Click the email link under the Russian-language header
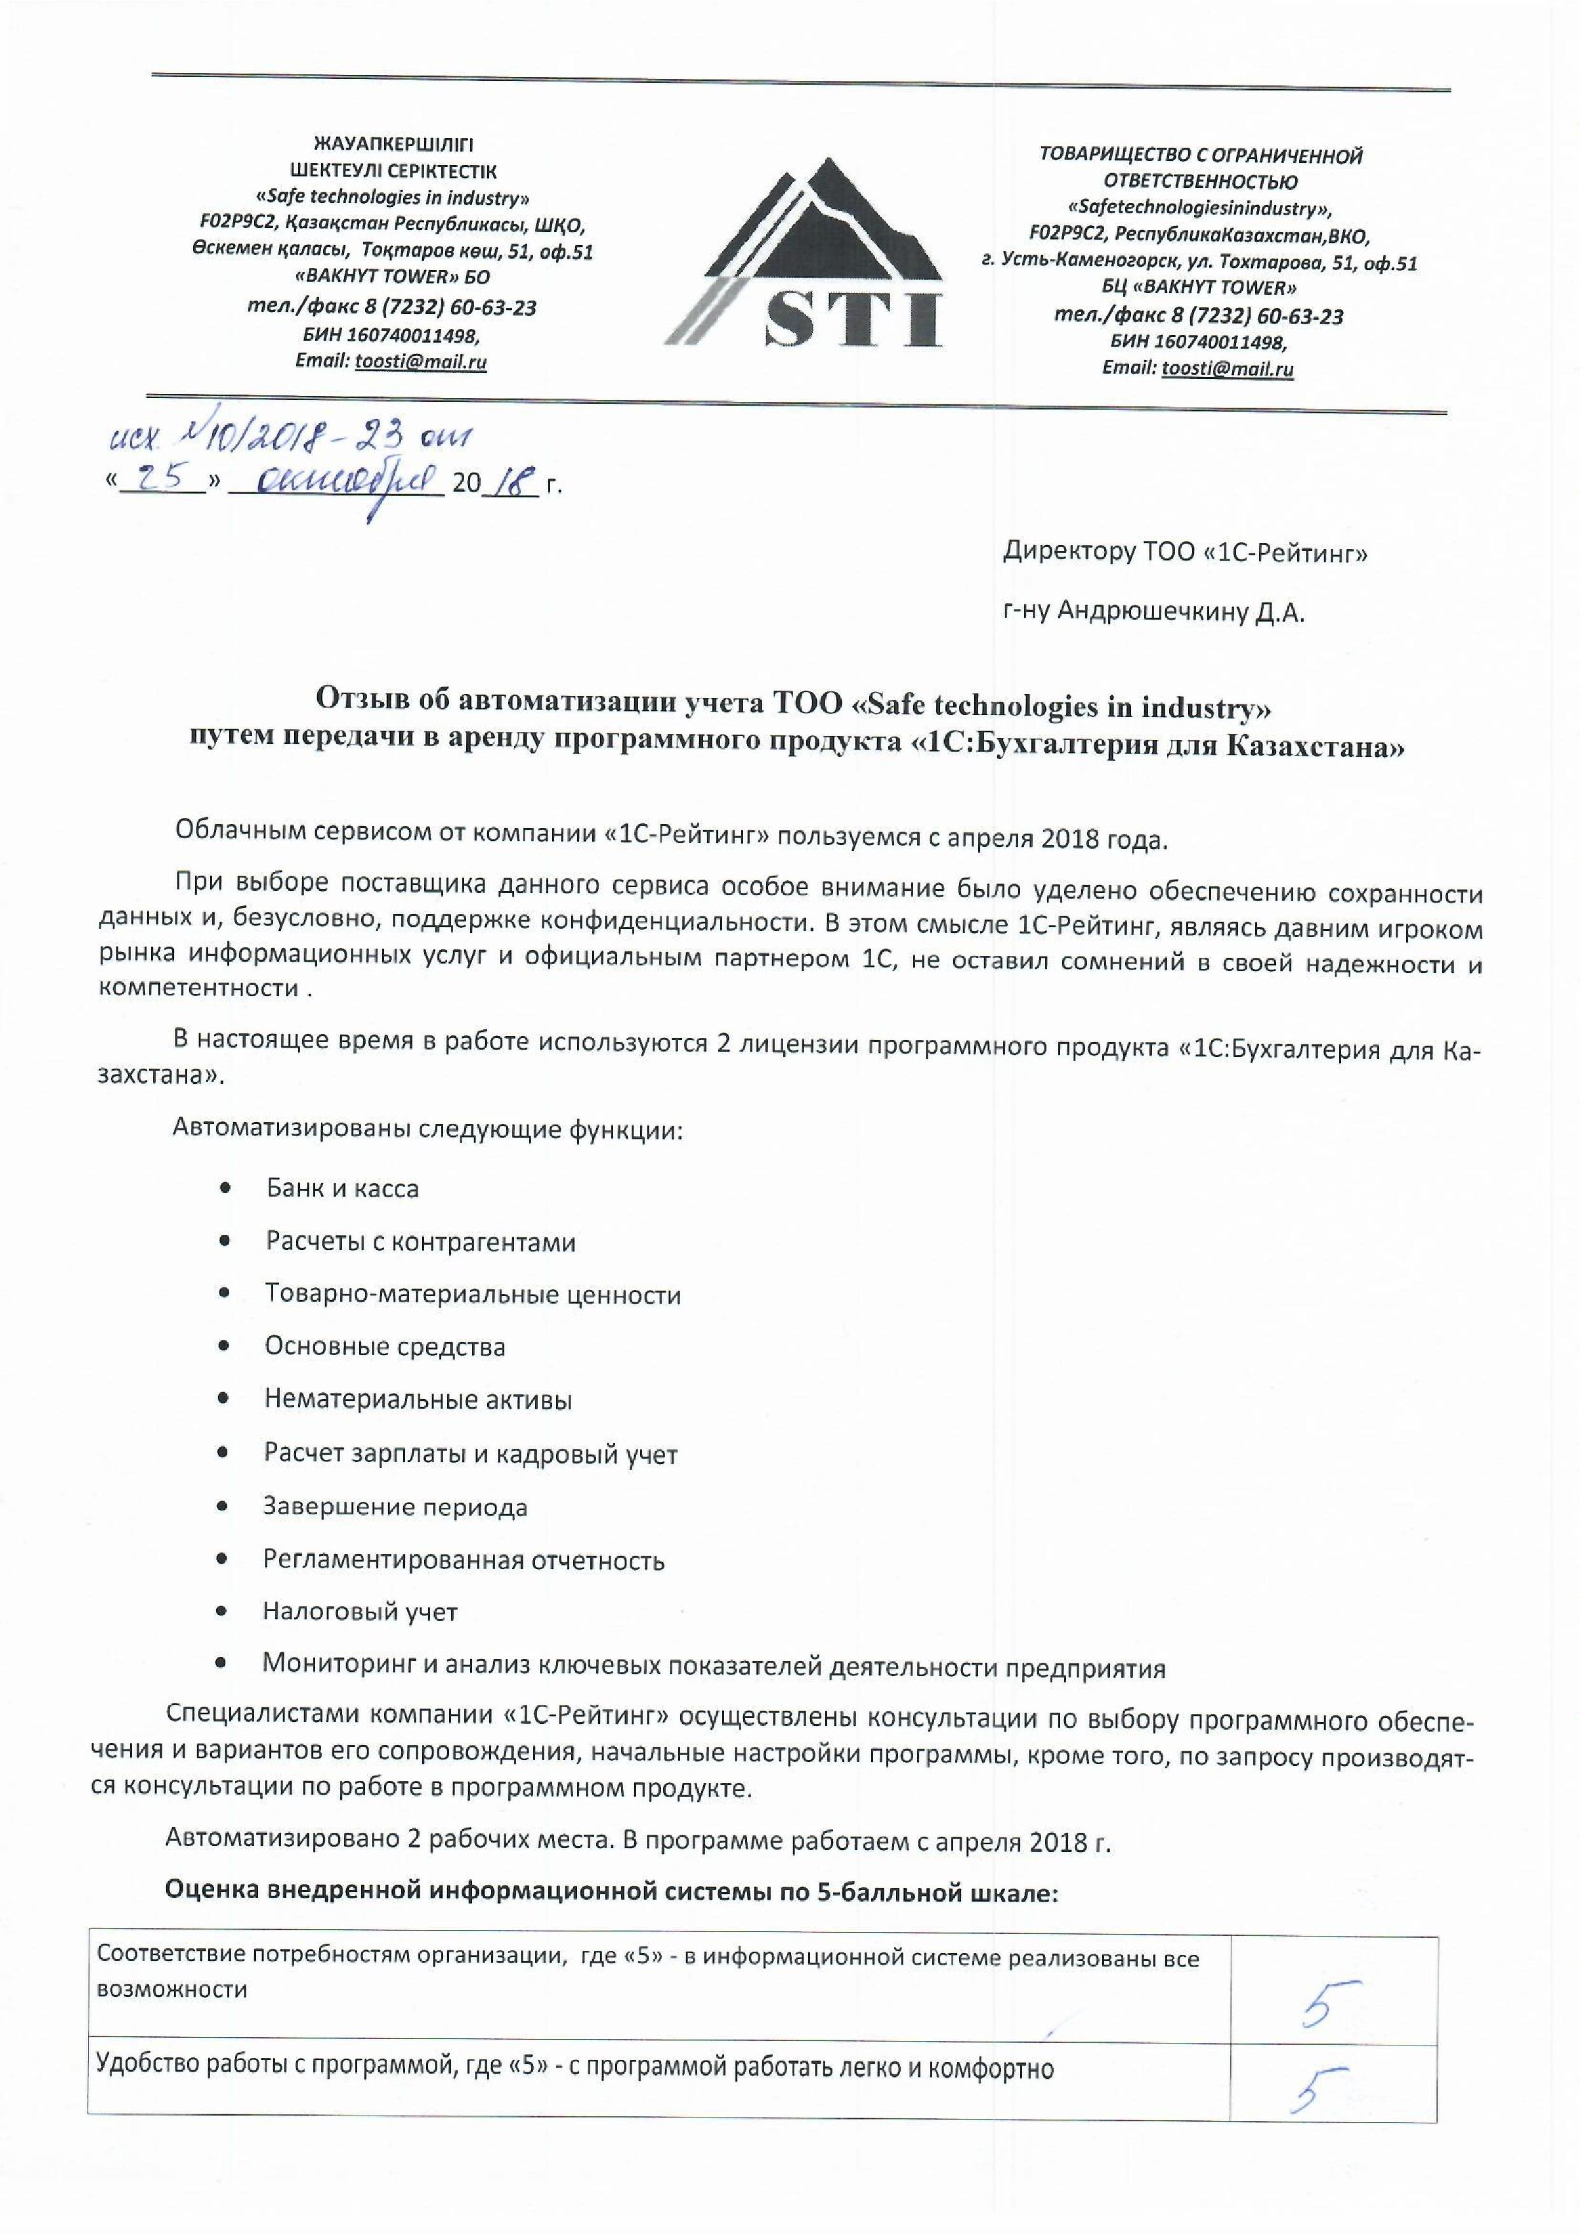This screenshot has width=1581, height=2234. [1226, 369]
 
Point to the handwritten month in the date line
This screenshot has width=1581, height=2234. [336, 481]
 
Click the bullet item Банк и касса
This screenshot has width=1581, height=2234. [342, 1188]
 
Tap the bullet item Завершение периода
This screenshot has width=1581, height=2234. [394, 1507]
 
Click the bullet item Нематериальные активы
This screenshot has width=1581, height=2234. [418, 1400]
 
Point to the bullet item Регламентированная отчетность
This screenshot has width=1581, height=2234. [464, 1560]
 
